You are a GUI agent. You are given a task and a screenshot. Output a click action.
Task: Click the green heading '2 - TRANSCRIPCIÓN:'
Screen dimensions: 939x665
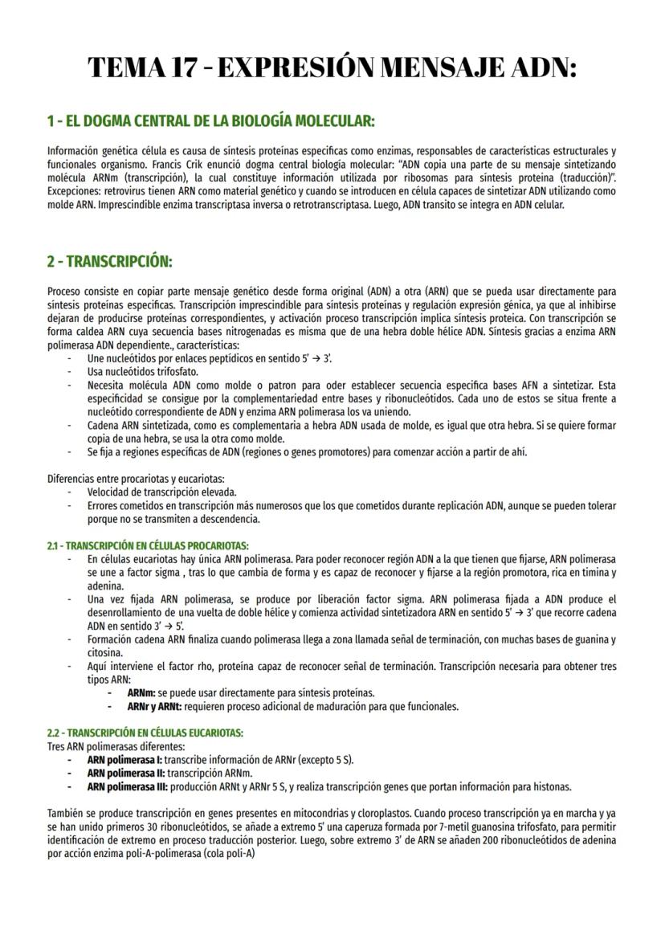tap(109, 262)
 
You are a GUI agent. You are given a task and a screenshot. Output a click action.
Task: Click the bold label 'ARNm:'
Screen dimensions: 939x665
tap(141, 692)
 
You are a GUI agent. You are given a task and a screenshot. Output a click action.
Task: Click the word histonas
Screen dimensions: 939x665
tap(552, 786)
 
